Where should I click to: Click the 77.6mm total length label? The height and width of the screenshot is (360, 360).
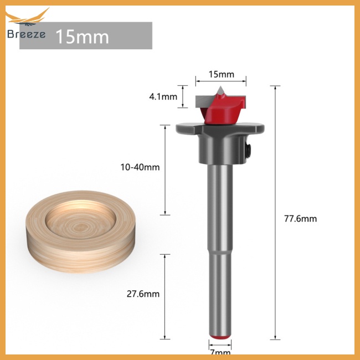tap(300, 219)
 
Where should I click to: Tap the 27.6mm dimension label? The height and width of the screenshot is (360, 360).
tap(143, 294)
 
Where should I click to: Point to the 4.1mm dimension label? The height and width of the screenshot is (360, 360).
tap(163, 97)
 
